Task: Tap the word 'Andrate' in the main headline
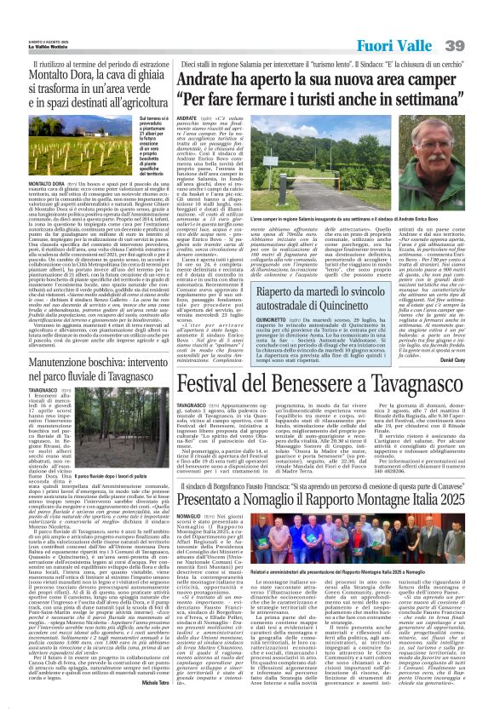pos(221,78)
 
